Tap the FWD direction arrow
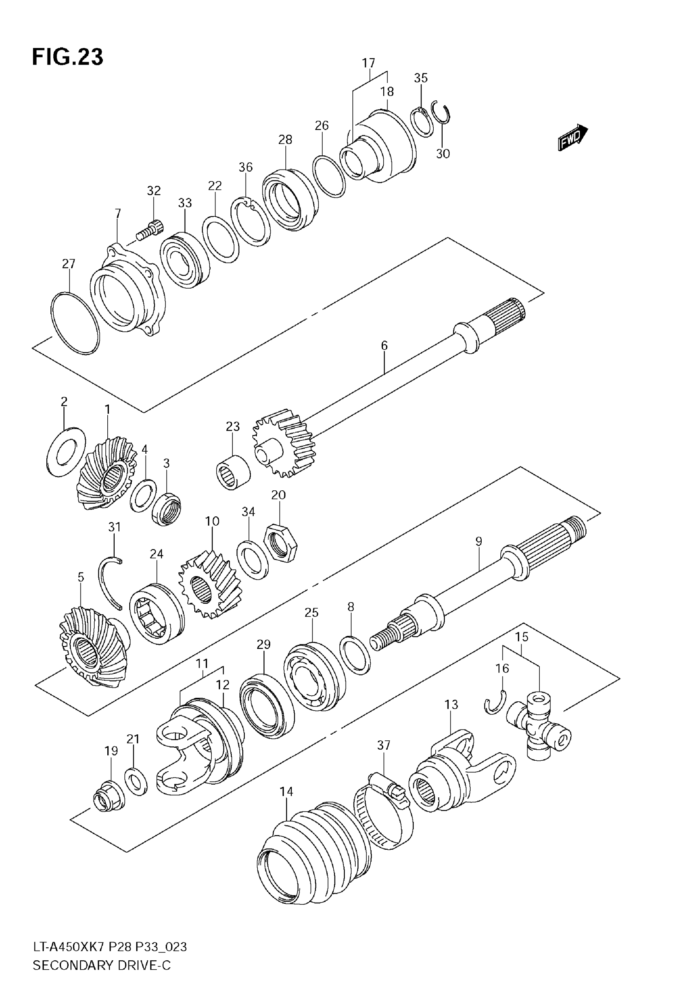[572, 138]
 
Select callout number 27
[68, 264]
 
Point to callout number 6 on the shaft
[384, 346]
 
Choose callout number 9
[478, 541]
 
